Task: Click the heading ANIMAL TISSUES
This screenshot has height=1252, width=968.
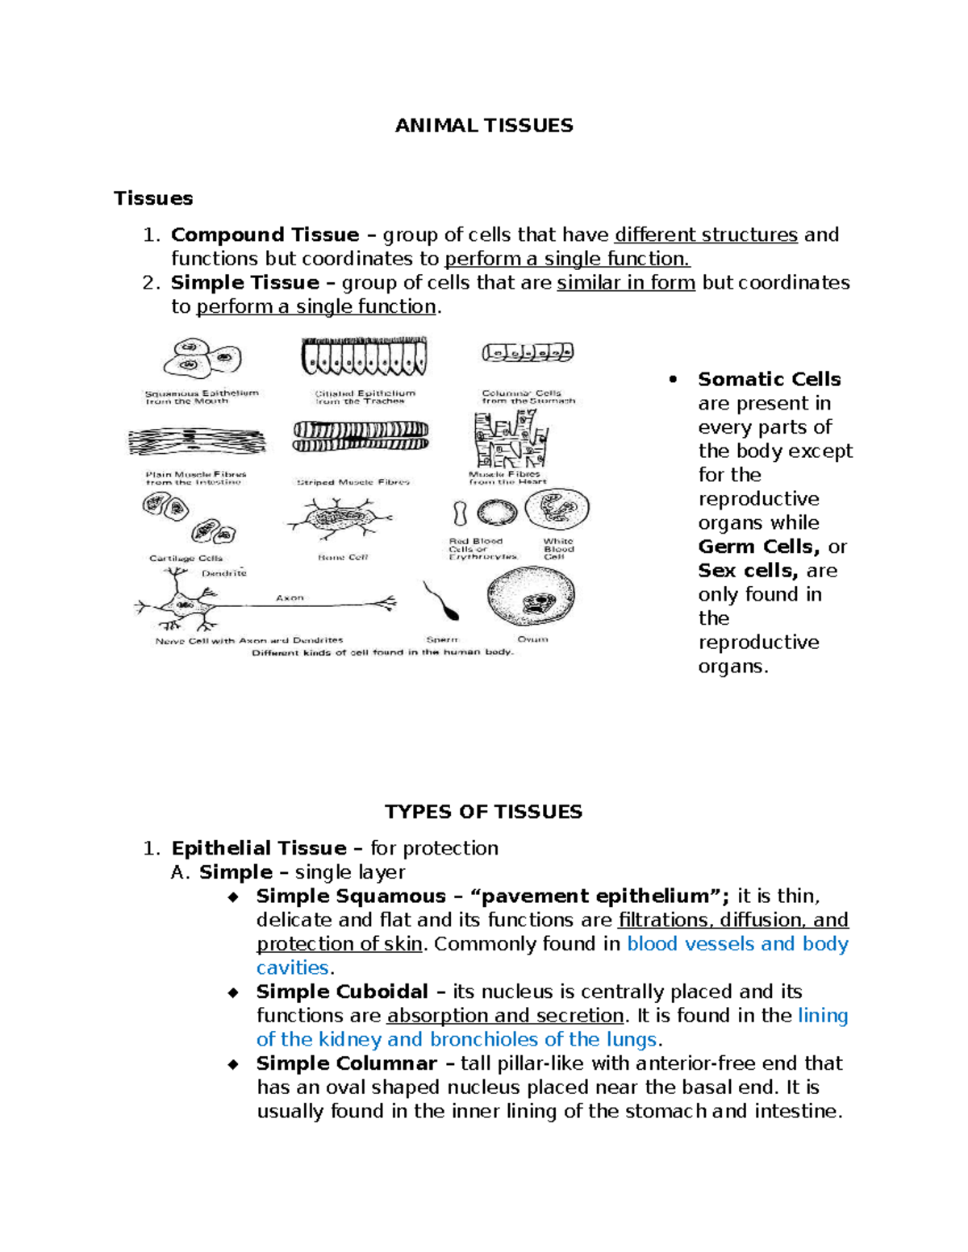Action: point(483,126)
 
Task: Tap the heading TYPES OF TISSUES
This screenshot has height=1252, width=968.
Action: point(483,812)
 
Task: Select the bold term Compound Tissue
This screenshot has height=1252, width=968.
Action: point(265,235)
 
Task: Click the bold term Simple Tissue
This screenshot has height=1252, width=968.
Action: point(244,283)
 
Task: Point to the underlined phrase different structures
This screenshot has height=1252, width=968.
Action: point(706,235)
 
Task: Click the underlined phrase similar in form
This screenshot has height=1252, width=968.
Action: point(626,283)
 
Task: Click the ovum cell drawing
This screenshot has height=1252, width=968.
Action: point(531,597)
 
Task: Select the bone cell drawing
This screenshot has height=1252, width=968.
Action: point(339,518)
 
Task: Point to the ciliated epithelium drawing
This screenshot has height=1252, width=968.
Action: point(364,357)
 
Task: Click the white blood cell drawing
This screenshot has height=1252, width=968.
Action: point(557,510)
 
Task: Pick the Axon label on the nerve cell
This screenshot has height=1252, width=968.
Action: point(290,598)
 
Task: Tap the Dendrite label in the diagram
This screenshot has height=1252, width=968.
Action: point(224,573)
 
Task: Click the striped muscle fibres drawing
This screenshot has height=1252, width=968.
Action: point(361,436)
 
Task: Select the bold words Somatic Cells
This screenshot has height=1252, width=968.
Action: point(769,380)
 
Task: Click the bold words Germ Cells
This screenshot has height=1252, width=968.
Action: point(758,547)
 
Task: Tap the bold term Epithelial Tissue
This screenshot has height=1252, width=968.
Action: point(259,848)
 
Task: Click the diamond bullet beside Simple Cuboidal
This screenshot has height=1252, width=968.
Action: point(233,992)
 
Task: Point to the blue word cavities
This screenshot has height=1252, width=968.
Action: point(292,968)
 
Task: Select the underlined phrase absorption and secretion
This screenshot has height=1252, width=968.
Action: point(505,1016)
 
